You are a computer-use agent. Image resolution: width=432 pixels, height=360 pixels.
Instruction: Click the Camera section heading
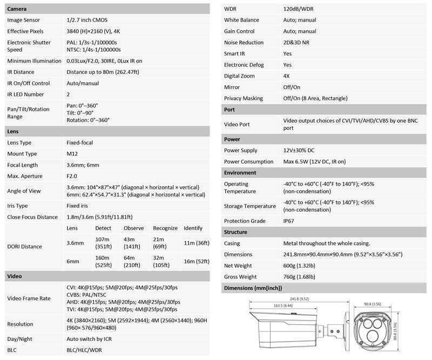pos(18,9)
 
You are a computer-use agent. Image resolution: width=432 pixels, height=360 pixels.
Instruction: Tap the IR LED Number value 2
pos(68,94)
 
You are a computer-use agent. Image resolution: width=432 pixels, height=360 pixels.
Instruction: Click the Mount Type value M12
pos(72,154)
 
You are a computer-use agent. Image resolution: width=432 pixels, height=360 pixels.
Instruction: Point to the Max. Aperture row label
pos(24,176)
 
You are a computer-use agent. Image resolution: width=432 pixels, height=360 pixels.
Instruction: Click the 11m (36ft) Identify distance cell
pos(195,243)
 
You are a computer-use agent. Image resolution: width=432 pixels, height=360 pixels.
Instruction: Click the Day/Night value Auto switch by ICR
pos(93,338)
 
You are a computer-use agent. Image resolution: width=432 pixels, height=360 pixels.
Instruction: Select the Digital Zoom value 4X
pos(287,76)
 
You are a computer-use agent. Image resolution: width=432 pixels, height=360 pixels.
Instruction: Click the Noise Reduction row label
pos(244,43)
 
